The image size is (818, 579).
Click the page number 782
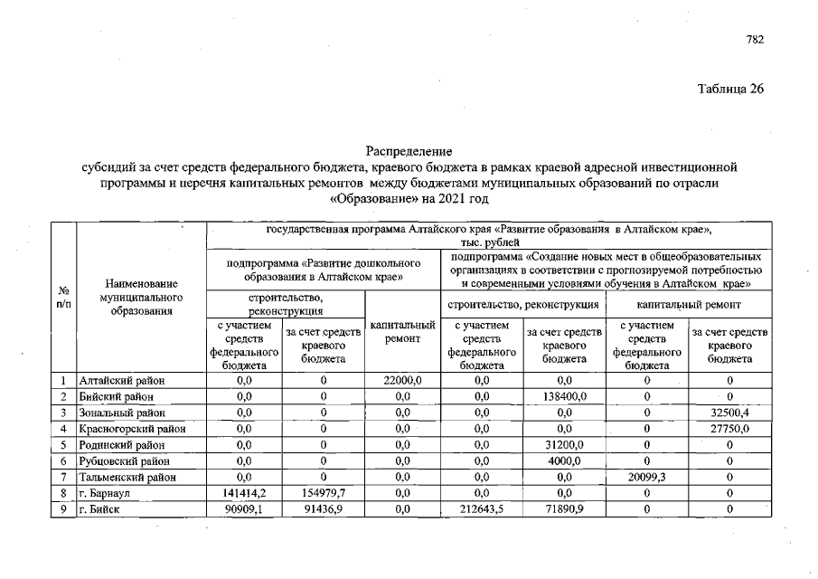[x=756, y=40]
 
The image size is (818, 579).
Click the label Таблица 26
[x=731, y=89]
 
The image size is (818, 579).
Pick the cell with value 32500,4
[x=729, y=413]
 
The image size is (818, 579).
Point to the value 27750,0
[x=729, y=428]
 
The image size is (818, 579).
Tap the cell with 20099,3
[x=647, y=477]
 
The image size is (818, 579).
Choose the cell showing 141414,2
[x=244, y=493]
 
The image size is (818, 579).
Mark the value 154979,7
[x=323, y=493]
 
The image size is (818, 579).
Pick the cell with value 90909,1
[x=244, y=509]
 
